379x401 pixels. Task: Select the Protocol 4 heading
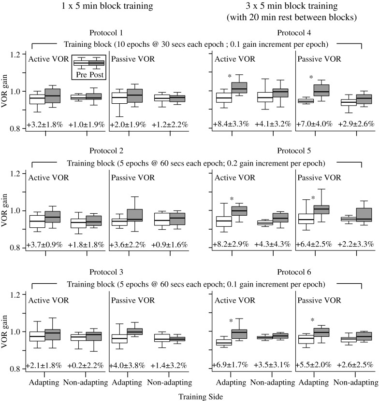pos(295,33)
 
